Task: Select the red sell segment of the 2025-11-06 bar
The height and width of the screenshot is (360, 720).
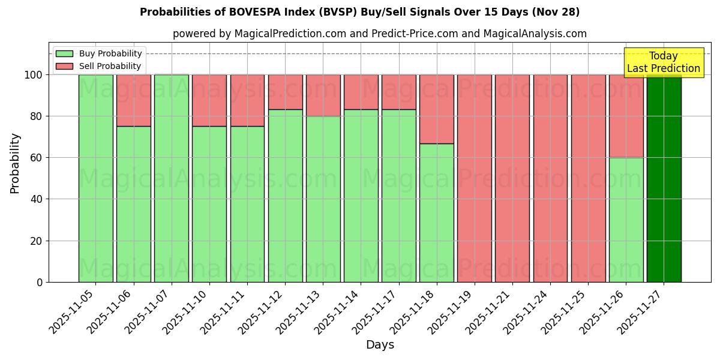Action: (x=133, y=100)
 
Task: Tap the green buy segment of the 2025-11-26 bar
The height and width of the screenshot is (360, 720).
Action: (x=626, y=220)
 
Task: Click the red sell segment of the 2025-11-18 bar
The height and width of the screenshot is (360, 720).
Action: (x=436, y=109)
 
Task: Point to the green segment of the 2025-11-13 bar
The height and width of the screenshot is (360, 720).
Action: (x=323, y=199)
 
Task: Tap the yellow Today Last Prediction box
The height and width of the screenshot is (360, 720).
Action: (x=663, y=62)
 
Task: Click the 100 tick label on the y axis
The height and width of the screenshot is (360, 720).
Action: (x=32, y=75)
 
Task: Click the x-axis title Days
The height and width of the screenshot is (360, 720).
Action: (x=380, y=345)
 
